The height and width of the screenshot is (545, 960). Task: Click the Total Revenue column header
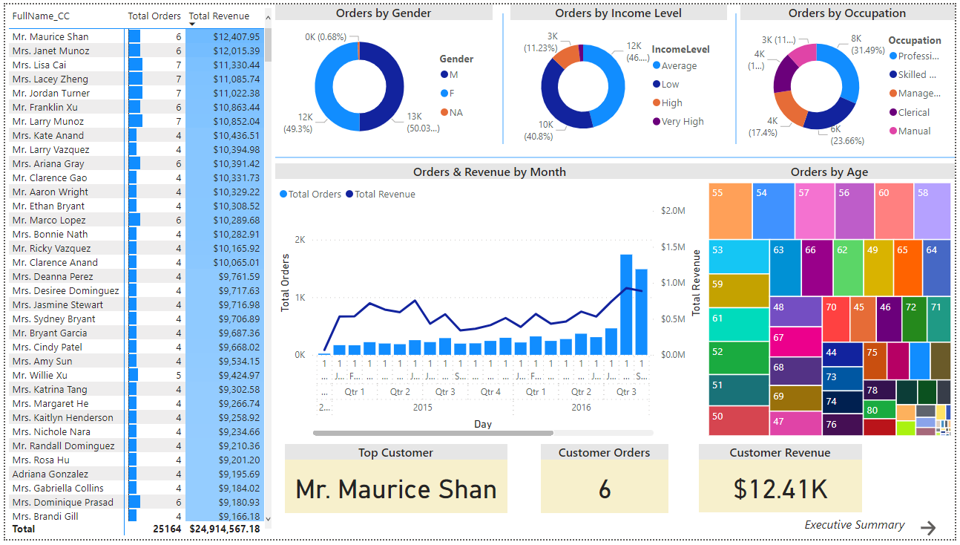[219, 16]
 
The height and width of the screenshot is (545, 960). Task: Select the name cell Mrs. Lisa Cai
[39, 65]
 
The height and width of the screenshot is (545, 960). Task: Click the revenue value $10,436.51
[236, 135]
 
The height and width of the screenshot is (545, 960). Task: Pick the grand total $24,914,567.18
[225, 529]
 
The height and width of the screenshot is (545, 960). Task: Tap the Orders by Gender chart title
[383, 13]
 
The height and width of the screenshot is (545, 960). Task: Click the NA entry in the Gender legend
[456, 112]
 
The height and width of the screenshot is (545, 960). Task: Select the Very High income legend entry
[683, 122]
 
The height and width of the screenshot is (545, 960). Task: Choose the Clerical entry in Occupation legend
[913, 112]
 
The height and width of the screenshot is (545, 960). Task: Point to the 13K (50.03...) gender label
[423, 122]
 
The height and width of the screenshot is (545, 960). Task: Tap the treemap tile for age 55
[730, 211]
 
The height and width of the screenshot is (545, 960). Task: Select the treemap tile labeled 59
[738, 290]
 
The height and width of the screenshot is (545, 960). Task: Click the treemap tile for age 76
[842, 425]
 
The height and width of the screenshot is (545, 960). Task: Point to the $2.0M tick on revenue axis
[672, 211]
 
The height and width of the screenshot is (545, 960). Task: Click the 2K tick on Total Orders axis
[300, 240]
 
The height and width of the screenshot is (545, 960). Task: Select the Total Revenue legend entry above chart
[384, 194]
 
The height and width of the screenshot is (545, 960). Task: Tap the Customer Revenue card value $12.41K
[780, 489]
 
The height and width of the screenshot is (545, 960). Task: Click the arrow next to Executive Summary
[928, 527]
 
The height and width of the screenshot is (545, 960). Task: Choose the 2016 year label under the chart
[581, 407]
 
